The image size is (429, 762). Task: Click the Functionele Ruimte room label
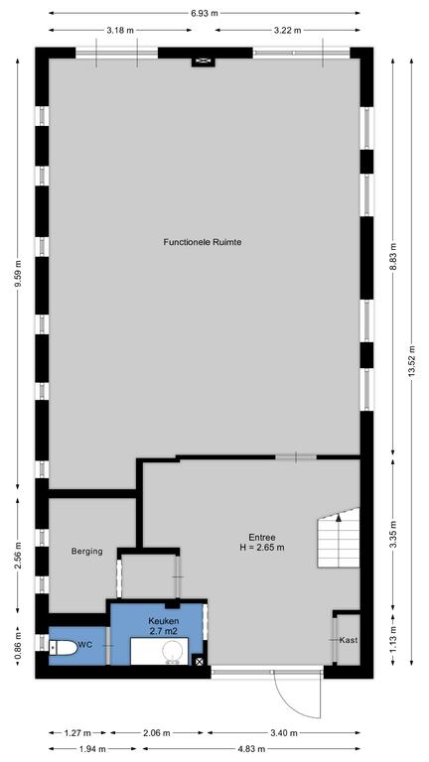pyautogui.click(x=203, y=241)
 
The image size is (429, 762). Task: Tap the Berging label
pyautogui.click(x=87, y=551)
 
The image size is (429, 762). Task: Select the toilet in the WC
pyautogui.click(x=65, y=647)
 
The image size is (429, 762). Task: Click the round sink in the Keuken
pyautogui.click(x=172, y=651)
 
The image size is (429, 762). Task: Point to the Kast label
pyautogui.click(x=349, y=640)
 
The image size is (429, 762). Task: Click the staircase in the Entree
pyautogui.click(x=339, y=538)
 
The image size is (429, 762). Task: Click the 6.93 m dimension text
pyautogui.click(x=205, y=13)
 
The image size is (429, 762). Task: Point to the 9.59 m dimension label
pyautogui.click(x=18, y=274)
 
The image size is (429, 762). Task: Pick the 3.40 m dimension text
pyautogui.click(x=284, y=733)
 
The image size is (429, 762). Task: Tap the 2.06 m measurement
pyautogui.click(x=156, y=733)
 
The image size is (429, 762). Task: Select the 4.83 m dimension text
pyautogui.click(x=251, y=749)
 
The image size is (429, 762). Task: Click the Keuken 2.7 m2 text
pyautogui.click(x=164, y=626)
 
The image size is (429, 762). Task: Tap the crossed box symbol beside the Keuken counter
pyautogui.click(x=199, y=660)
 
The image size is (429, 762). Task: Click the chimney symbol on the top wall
pyautogui.click(x=203, y=61)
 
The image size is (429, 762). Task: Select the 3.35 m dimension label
pyautogui.click(x=393, y=535)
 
